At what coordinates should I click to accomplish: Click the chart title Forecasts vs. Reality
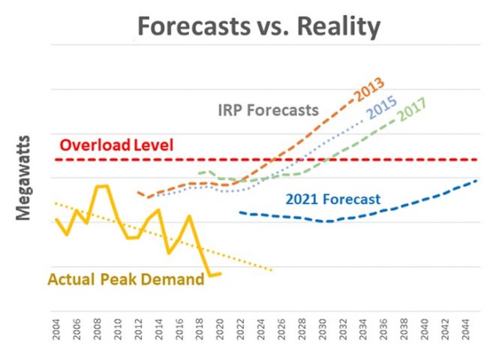coord(258,27)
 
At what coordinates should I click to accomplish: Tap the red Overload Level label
coord(116,145)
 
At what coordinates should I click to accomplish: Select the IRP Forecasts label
coord(269,109)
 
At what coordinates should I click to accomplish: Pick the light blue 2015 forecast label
coord(381,109)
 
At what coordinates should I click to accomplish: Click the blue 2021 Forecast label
coord(333,199)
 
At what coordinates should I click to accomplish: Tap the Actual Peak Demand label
coord(125,279)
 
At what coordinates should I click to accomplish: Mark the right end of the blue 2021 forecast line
coord(478,181)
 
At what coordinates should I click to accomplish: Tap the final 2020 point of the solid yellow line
coord(220,274)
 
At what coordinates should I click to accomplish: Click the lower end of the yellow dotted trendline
coord(272,269)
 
